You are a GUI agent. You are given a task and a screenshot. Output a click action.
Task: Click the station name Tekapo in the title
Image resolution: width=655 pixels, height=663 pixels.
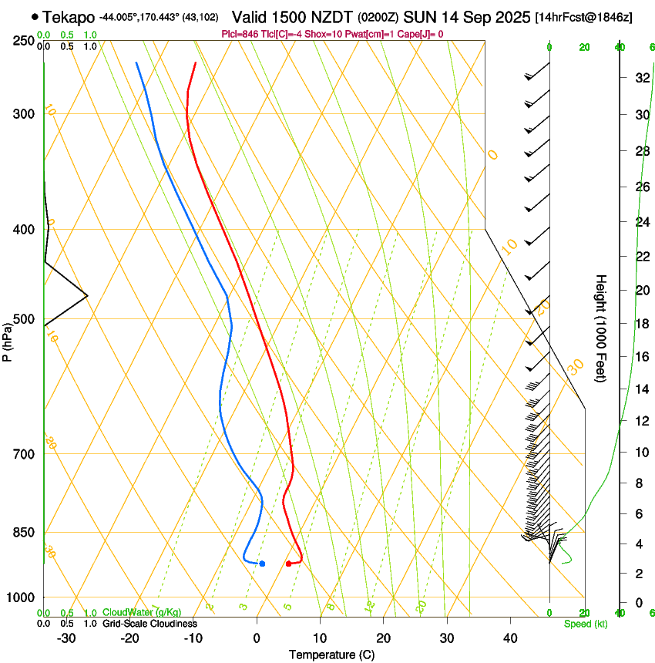click(69, 16)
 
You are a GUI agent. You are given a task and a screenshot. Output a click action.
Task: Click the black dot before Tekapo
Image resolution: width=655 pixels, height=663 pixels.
click(35, 16)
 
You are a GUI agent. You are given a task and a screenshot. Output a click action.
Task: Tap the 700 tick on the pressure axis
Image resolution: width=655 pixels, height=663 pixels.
click(23, 453)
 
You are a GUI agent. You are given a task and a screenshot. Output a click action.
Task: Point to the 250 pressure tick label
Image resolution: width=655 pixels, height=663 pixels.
click(23, 40)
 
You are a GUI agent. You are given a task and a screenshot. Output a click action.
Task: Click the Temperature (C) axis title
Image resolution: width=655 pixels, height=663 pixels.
click(331, 655)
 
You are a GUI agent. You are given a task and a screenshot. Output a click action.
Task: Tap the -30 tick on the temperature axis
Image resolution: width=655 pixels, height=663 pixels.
click(66, 638)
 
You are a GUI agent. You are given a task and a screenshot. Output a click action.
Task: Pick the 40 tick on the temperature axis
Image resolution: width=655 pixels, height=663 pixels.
click(509, 638)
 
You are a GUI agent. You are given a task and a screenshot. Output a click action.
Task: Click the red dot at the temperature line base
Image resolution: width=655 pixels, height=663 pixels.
click(288, 564)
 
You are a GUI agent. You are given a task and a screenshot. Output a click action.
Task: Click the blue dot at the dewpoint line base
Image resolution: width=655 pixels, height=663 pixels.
click(262, 564)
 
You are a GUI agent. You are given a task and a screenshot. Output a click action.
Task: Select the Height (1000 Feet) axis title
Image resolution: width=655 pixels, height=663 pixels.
click(602, 328)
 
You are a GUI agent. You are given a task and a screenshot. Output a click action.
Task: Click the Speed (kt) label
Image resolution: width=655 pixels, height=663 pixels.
click(586, 624)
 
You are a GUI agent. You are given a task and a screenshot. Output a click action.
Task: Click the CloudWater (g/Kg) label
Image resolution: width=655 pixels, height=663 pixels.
click(142, 612)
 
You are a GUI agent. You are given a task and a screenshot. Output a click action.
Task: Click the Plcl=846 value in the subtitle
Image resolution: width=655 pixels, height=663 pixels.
click(242, 34)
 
